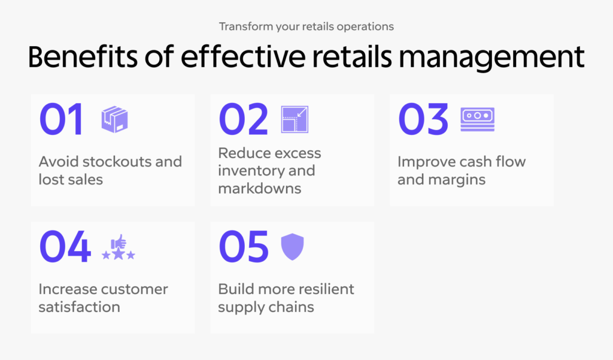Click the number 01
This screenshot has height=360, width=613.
click(61, 119)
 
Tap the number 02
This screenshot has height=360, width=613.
click(244, 119)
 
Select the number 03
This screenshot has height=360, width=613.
click(423, 119)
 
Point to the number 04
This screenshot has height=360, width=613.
click(65, 247)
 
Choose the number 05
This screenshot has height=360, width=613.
click(244, 247)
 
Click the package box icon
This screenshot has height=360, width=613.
click(114, 119)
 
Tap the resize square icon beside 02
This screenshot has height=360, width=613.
click(295, 119)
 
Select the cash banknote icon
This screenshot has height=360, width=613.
click(477, 119)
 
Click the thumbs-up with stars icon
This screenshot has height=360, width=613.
click(119, 247)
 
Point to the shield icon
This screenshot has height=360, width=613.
click(292, 247)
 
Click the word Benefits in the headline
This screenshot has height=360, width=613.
click(83, 57)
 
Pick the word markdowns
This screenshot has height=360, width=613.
click(260, 189)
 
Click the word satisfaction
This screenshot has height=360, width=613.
click(80, 307)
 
